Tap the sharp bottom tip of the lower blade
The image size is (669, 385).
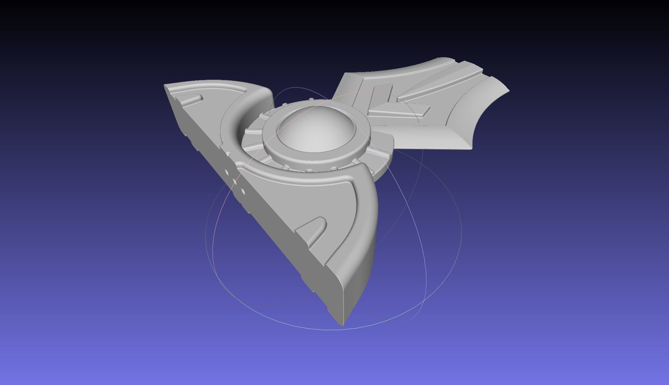pos(343,324)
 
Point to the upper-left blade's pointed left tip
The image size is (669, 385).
pos(165,86)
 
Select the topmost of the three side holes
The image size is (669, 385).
pos(227,172)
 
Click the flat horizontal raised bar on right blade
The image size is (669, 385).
pos(400,109)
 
